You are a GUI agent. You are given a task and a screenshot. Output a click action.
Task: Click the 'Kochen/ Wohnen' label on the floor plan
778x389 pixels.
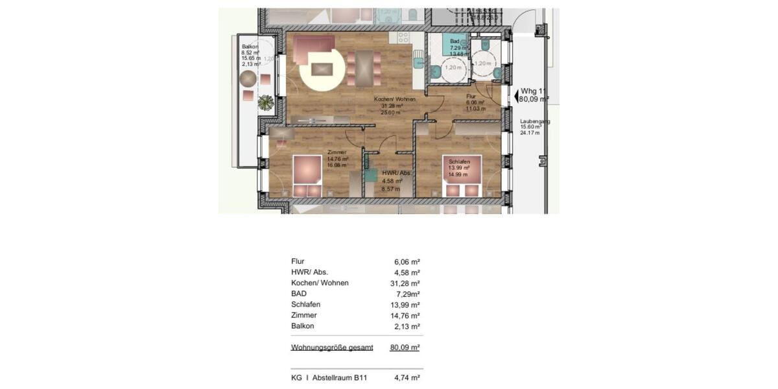click(x=394, y=99)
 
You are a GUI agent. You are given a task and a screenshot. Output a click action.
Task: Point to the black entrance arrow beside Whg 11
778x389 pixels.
click(x=516, y=97)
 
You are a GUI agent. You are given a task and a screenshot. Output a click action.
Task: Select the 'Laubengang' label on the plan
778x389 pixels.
click(x=535, y=121)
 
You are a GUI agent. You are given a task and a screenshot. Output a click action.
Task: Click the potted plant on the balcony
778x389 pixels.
click(x=265, y=102)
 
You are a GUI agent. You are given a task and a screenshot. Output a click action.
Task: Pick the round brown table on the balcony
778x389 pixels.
click(x=248, y=79)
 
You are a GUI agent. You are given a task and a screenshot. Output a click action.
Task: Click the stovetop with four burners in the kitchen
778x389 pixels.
click(x=403, y=38)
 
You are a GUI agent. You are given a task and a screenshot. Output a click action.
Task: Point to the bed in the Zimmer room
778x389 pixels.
click(x=306, y=175)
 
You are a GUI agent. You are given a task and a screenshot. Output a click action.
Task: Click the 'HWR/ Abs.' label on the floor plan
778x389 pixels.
click(x=396, y=173)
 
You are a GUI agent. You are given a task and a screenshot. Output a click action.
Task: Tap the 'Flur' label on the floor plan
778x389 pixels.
click(x=472, y=96)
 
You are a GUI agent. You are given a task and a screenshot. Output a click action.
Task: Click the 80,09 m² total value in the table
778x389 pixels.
click(x=405, y=348)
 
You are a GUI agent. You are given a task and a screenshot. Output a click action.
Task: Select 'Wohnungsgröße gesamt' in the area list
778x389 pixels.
click(x=332, y=348)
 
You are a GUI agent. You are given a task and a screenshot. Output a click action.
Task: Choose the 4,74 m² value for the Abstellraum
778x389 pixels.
click(x=407, y=379)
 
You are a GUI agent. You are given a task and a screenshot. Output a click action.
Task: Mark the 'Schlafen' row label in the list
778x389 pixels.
click(x=306, y=304)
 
